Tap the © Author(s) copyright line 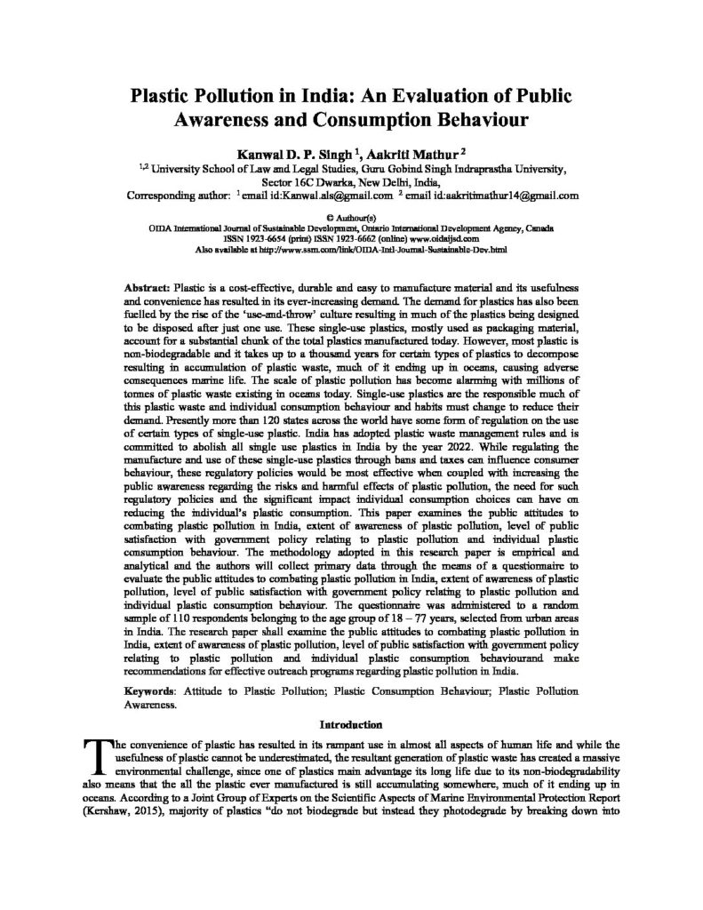point(351,216)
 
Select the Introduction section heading point(351,723)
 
